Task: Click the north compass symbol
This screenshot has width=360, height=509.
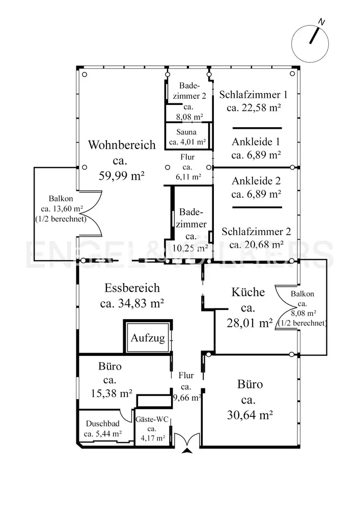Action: pyautogui.click(x=310, y=43)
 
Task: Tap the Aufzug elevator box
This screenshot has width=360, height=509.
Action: pyautogui.click(x=148, y=337)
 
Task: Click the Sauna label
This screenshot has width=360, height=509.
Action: pyautogui.click(x=186, y=132)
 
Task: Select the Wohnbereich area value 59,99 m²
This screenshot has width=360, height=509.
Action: pyautogui.click(x=121, y=176)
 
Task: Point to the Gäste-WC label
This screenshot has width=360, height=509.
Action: pyautogui.click(x=152, y=419)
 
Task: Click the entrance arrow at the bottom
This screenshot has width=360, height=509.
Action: pyautogui.click(x=187, y=450)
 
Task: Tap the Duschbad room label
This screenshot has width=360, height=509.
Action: pyautogui.click(x=102, y=423)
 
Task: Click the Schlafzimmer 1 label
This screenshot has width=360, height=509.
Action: pyautogui.click(x=253, y=95)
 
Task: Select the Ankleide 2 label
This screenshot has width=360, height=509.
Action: pyautogui.click(x=256, y=181)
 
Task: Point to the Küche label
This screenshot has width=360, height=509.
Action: pyautogui.click(x=248, y=292)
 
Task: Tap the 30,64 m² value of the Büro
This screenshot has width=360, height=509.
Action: pyautogui.click(x=250, y=415)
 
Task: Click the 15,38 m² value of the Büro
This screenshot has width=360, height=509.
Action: pyautogui.click(x=112, y=393)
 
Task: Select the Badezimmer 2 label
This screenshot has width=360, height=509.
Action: pyautogui.click(x=189, y=91)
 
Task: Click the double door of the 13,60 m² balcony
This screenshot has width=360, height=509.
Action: pyautogui.click(x=91, y=213)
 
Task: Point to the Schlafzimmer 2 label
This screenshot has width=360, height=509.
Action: pyautogui.click(x=256, y=232)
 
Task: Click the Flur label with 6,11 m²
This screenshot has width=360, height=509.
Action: pyautogui.click(x=187, y=157)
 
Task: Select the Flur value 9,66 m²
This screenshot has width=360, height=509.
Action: pyautogui.click(x=187, y=397)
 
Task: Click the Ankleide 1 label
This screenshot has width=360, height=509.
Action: pyautogui.click(x=256, y=142)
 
